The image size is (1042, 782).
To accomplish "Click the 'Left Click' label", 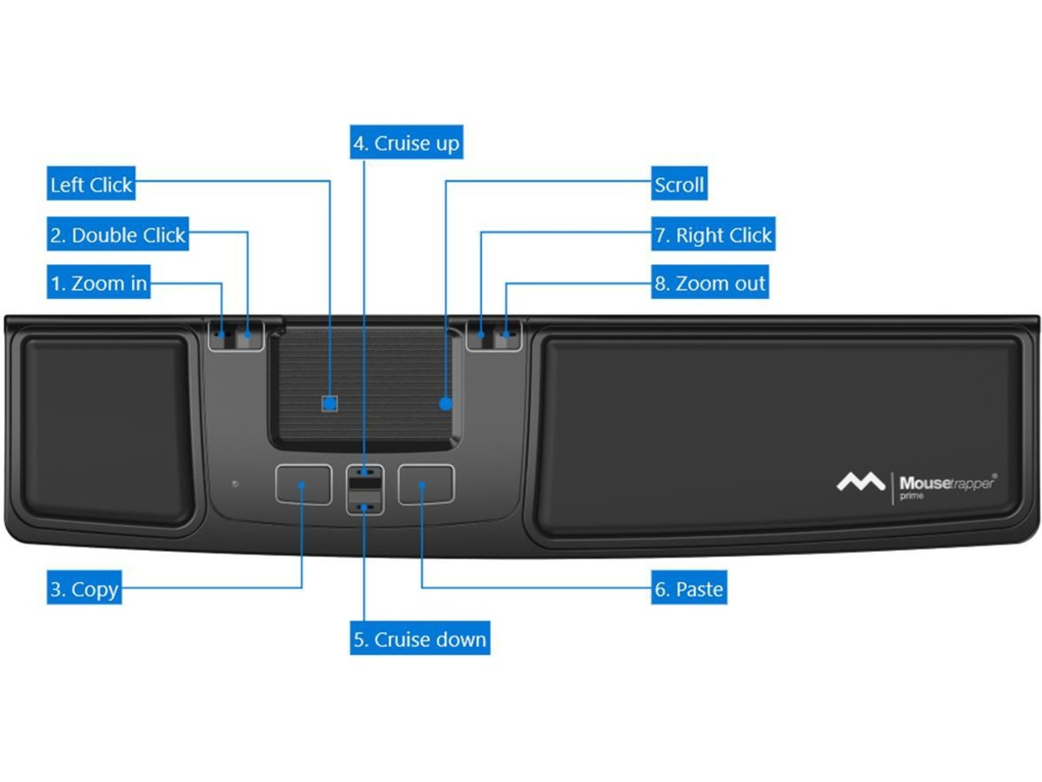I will point(91,185).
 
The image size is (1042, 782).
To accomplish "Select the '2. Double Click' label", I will point(118,235).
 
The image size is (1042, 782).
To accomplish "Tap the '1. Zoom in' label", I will point(98,283).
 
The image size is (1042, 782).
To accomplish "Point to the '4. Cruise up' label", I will point(406,143).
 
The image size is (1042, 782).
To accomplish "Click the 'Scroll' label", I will point(679,185).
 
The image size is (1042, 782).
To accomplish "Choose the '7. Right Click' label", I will point(712,235).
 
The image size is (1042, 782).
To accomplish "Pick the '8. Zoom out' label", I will point(709,283).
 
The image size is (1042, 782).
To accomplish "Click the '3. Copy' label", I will point(83,590).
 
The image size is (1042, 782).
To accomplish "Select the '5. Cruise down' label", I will point(419,640).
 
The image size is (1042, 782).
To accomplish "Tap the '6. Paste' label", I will point(689,590).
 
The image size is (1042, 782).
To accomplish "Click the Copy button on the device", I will point(303,484).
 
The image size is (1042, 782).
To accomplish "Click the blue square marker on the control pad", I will point(329,403).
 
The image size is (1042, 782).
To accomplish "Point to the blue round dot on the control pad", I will point(445,403).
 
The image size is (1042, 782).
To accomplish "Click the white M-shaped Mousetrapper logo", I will point(861,481).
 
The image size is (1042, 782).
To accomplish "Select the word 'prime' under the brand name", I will point(912,496).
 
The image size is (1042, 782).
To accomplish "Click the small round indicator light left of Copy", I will point(234,482).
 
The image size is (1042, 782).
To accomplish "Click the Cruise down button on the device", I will point(365,502).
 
